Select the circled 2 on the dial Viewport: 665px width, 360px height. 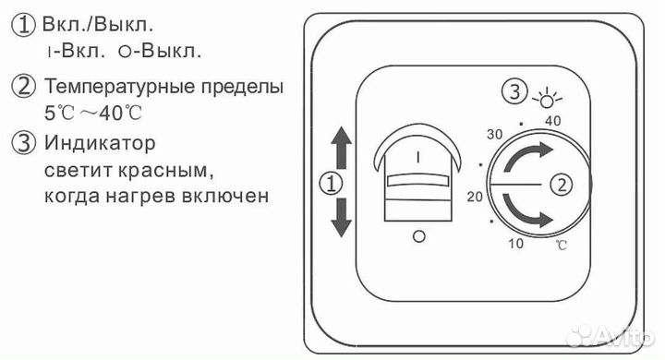[x=558, y=183]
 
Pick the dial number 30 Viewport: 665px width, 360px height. [x=493, y=132]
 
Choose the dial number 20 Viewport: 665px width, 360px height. [x=476, y=197]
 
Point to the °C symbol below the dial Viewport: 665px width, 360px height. [x=562, y=245]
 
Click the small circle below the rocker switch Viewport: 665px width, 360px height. [x=420, y=237]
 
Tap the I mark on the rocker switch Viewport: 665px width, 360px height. [x=419, y=157]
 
